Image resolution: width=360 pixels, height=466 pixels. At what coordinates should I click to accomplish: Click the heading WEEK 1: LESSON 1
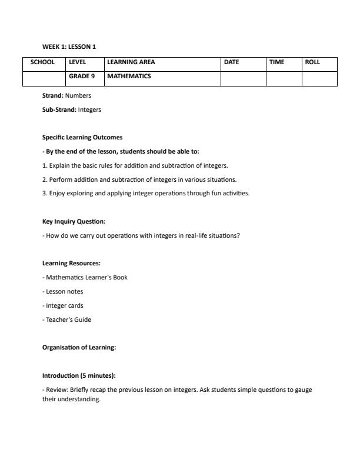coord(69,46)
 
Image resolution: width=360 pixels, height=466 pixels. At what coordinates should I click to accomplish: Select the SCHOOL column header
coord(43,62)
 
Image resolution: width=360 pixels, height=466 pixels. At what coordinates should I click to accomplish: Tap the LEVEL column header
coord(78,62)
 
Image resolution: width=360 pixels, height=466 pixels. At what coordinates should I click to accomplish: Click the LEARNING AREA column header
coord(131,62)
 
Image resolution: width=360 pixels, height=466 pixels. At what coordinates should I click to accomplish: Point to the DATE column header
coord(231,62)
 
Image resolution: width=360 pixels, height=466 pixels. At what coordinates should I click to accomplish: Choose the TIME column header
coord(276,62)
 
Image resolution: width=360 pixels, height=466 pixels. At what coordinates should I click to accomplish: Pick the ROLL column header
coord(312,62)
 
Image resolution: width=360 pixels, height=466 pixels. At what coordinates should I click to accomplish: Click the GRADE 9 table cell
coord(82,76)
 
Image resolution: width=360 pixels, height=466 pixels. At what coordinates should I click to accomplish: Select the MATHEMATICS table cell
coord(129,76)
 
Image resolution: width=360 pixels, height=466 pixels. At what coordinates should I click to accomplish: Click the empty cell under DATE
coord(243,78)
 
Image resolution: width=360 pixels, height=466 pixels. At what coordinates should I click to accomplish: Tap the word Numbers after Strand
coord(78,95)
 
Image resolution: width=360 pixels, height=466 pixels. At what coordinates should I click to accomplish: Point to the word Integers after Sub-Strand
coord(89,109)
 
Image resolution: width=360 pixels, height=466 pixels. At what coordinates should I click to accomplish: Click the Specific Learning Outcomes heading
coord(82,137)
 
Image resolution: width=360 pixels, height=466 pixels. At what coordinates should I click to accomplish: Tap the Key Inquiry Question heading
coord(74,222)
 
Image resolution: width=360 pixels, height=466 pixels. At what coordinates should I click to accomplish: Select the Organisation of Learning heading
coord(79,348)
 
